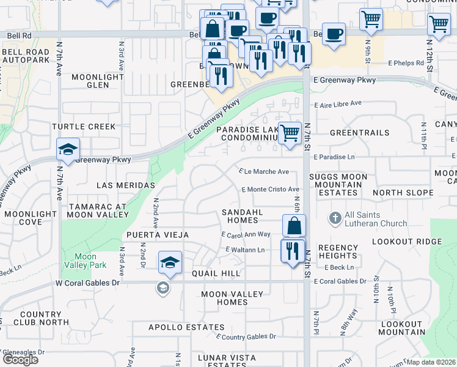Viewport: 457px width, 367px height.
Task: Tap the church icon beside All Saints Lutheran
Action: click(335, 218)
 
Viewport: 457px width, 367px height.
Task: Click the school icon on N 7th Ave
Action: click(68, 149)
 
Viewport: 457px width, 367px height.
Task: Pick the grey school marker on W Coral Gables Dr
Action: click(163, 287)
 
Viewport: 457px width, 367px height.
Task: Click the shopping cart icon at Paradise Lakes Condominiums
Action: click(290, 132)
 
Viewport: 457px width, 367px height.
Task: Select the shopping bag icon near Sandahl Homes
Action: click(294, 225)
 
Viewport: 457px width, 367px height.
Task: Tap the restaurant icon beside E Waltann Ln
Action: click(293, 250)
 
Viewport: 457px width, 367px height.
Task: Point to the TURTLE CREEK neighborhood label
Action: click(83, 127)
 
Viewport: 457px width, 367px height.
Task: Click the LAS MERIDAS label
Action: click(125, 185)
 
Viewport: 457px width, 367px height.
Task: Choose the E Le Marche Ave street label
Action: click(264, 172)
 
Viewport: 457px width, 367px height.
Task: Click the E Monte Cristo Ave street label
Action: click(271, 190)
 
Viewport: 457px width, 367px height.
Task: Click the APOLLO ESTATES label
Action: click(178, 327)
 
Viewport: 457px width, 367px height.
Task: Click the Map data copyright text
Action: click(431, 362)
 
